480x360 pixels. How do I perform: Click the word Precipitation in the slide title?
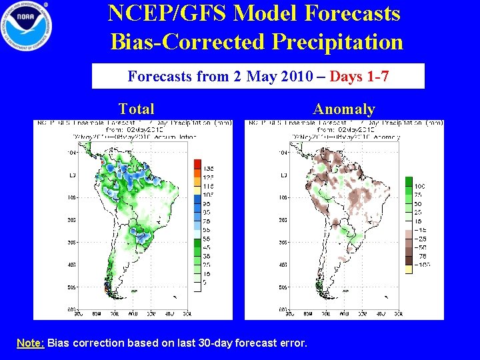click(338, 41)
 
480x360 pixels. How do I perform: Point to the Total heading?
click(136, 109)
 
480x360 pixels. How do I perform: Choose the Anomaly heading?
click(344, 109)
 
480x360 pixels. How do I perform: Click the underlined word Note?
click(30, 343)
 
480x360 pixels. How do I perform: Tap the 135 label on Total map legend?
click(208, 169)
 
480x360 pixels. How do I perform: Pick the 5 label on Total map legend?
click(205, 281)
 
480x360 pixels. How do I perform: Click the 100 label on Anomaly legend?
click(420, 185)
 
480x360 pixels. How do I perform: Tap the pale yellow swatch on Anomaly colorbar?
click(409, 268)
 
